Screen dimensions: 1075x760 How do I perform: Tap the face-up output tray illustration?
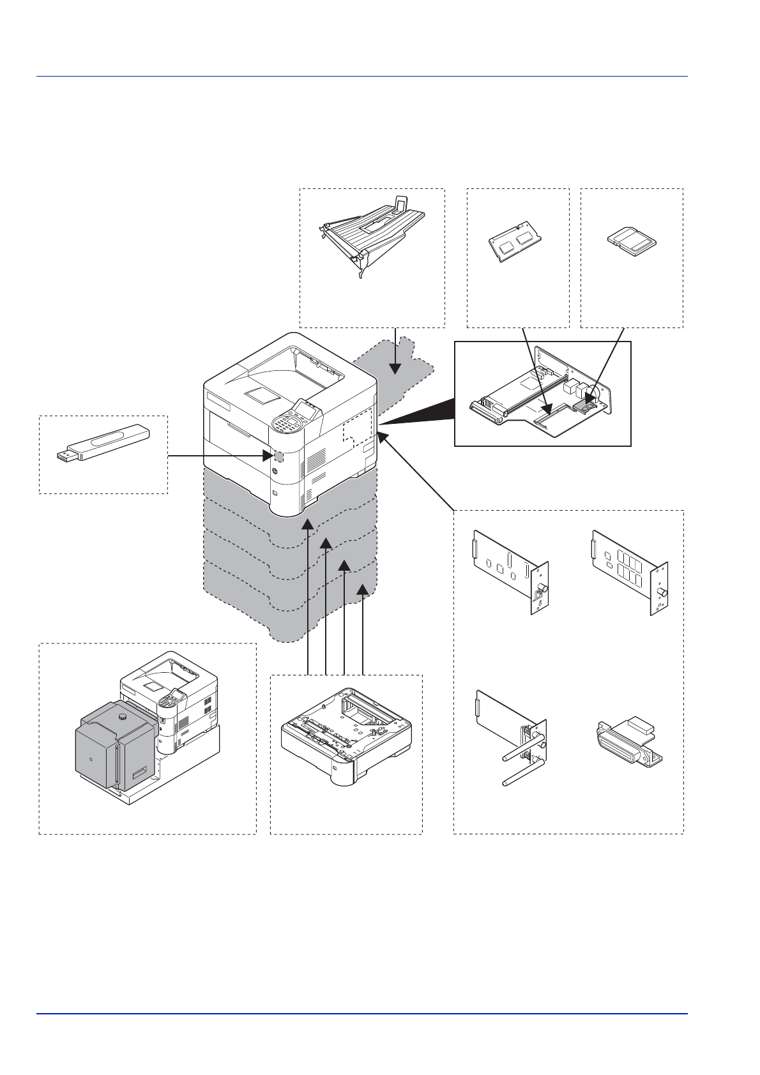372,232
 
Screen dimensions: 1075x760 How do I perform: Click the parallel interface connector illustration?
630,744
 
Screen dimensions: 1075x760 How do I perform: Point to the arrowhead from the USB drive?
269,456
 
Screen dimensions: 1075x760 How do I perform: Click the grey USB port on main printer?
278,456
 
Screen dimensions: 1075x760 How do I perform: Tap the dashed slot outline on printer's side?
357,431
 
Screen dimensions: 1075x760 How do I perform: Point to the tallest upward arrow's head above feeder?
308,524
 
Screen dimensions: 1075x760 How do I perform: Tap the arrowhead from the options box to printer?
383,437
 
